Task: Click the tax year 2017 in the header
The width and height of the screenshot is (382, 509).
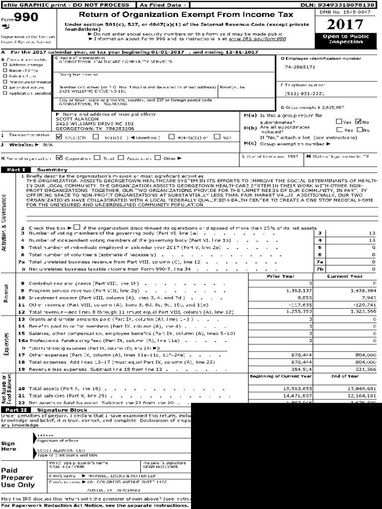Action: coord(345,25)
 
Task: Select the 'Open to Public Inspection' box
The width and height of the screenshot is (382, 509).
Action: coord(345,39)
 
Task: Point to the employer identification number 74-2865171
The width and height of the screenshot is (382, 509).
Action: coord(300,67)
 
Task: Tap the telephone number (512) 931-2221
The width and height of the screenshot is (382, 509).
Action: coord(305,93)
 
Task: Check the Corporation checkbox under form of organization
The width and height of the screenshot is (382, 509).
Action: coord(60,158)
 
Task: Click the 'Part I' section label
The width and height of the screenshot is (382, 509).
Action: coord(12,170)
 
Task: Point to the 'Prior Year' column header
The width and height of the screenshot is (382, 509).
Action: coord(280,276)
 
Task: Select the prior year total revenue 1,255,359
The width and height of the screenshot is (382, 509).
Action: coord(299,311)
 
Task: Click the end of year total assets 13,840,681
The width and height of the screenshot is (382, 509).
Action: coord(362,388)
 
